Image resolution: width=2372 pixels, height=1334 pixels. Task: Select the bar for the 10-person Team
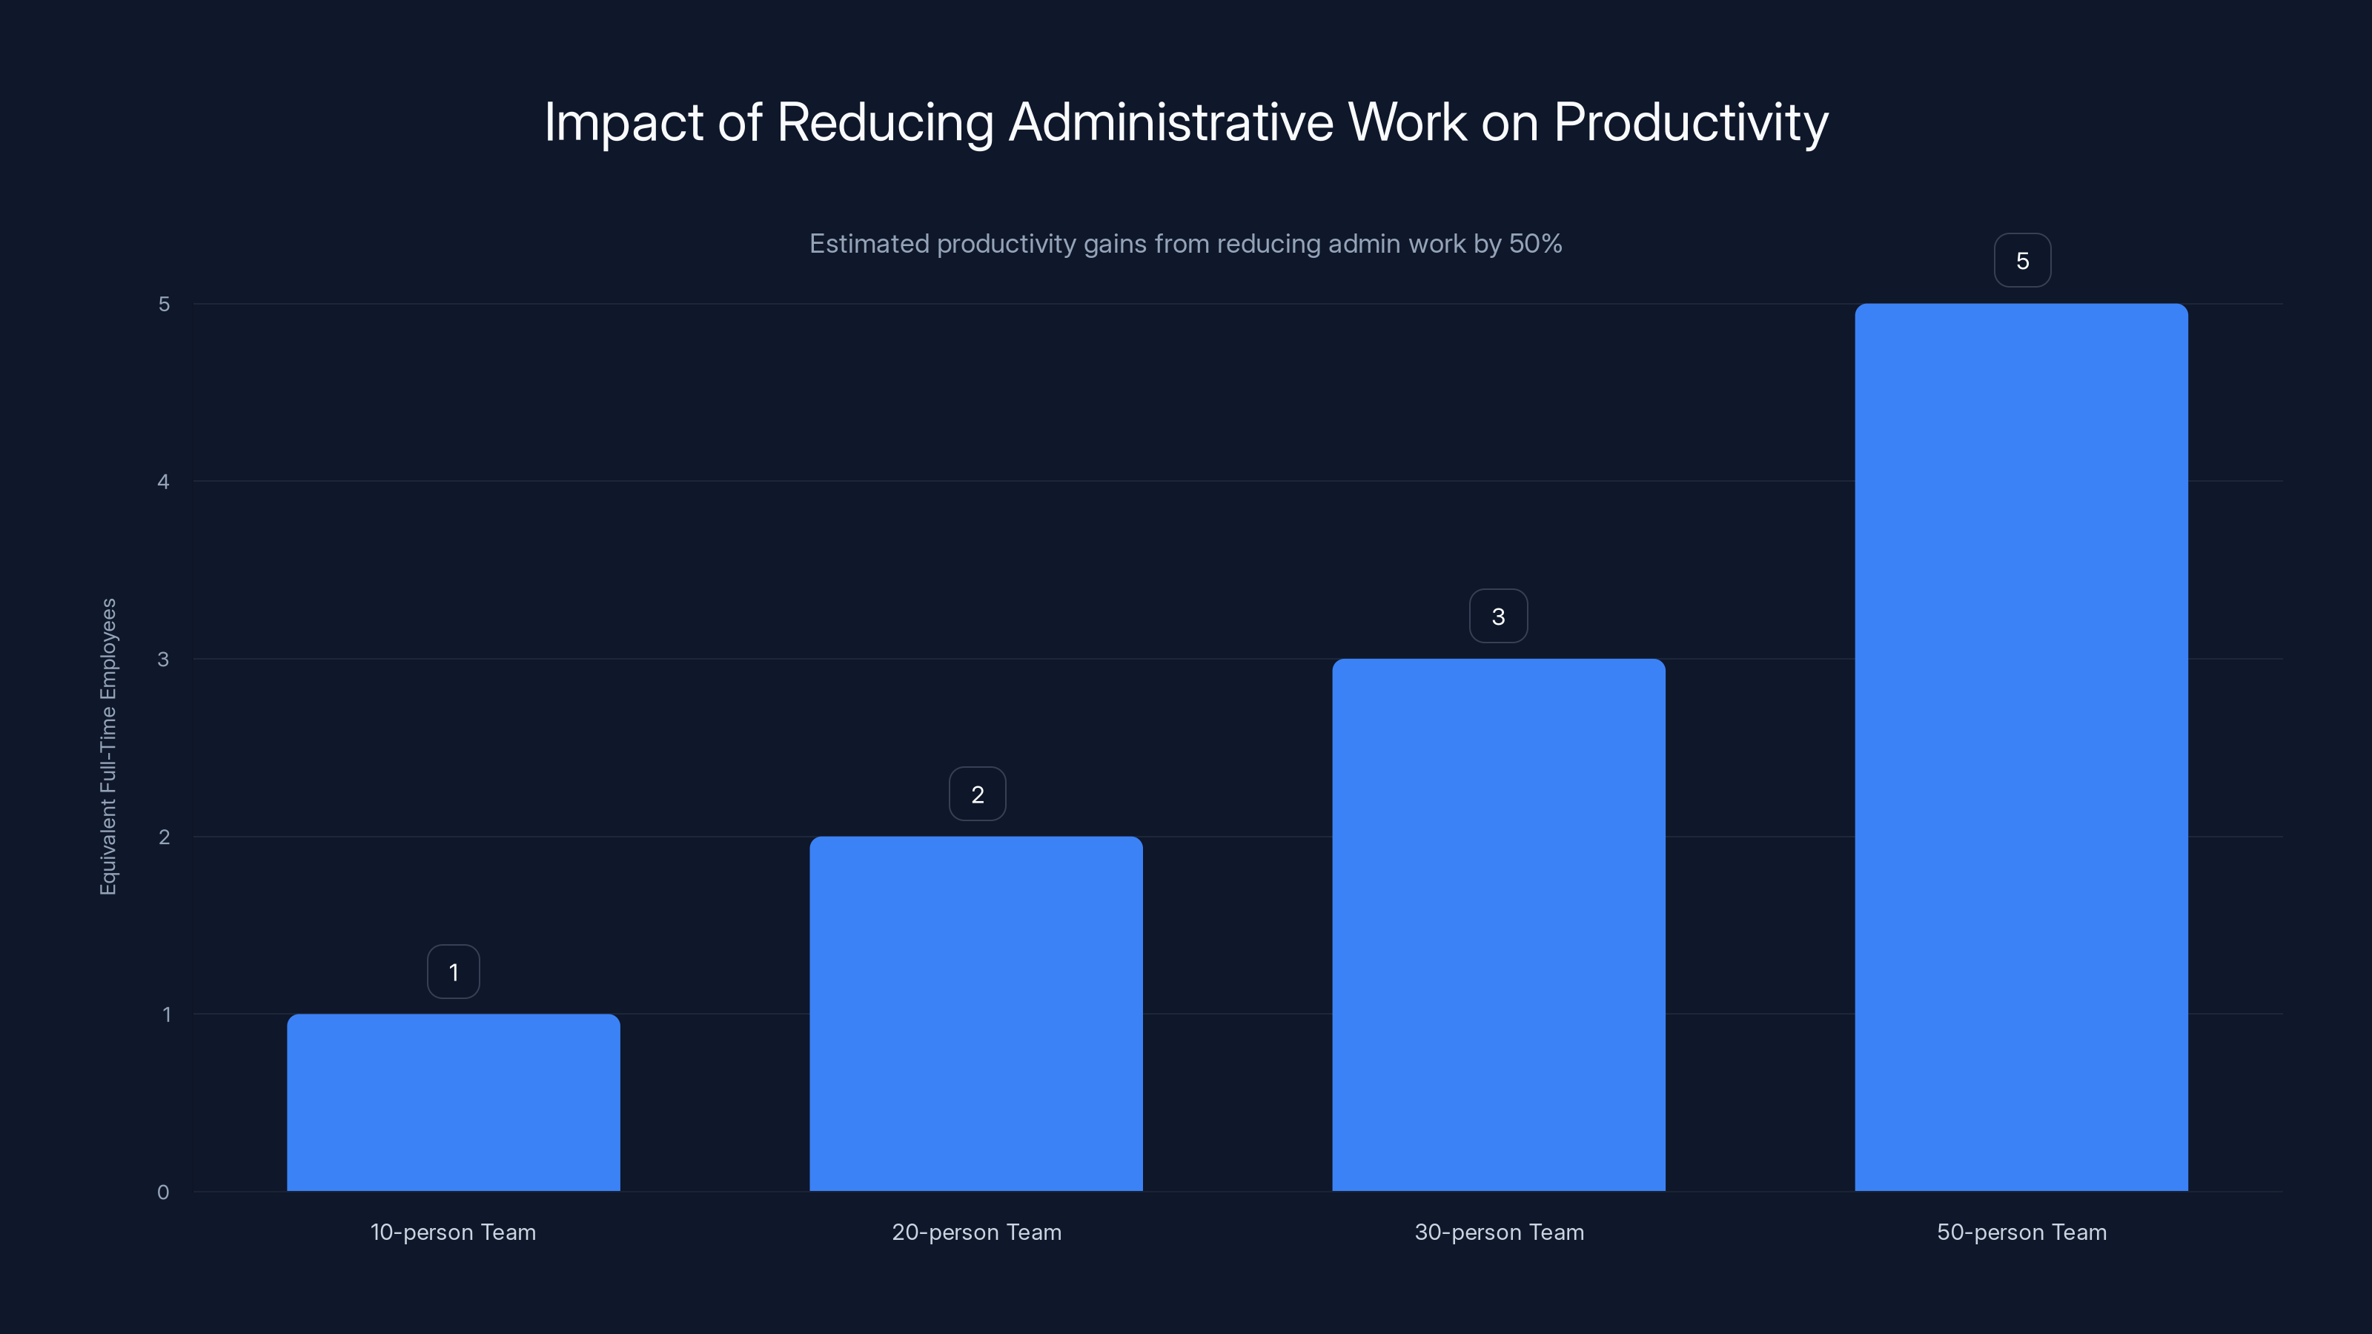point(453,1102)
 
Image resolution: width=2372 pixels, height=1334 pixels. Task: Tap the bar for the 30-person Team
point(1498,924)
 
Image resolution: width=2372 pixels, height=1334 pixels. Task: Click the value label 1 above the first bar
point(453,972)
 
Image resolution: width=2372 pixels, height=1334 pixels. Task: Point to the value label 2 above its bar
point(977,794)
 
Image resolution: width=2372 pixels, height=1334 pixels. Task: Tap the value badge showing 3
point(1498,617)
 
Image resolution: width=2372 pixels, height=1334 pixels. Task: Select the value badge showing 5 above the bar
point(2022,262)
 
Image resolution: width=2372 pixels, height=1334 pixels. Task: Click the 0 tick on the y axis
point(163,1192)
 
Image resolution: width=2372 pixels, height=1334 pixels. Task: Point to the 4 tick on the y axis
point(163,482)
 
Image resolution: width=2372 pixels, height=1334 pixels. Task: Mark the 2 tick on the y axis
point(164,837)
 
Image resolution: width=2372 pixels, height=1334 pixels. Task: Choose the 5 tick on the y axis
point(164,304)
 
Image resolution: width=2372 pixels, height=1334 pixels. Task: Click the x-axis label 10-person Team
point(453,1232)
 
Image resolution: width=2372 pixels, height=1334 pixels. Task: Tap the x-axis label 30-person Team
point(1499,1232)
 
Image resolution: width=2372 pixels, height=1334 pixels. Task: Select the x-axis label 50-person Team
point(2021,1232)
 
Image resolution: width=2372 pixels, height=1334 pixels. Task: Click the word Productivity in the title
point(1691,122)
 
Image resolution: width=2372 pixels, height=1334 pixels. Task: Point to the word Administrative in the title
point(1170,122)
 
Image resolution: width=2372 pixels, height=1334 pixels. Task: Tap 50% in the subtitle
point(1535,244)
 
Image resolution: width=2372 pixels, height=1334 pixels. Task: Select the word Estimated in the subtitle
point(868,244)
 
